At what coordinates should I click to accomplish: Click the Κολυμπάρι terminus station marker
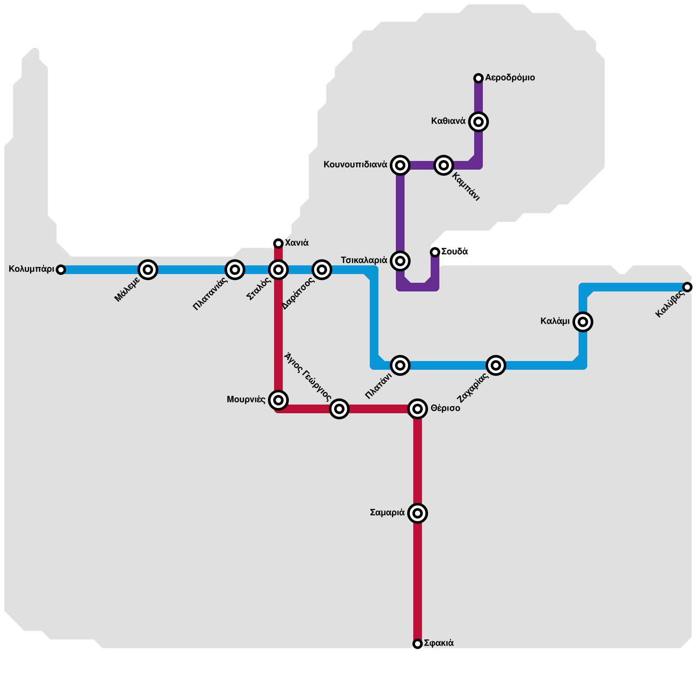pos(61,270)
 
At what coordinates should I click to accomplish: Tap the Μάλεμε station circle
pos(148,270)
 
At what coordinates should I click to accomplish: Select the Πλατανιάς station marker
pos(234,270)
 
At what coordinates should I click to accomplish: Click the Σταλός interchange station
pos(278,270)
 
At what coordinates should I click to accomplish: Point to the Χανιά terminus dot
pos(278,243)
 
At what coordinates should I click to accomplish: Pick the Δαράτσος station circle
pos(321,270)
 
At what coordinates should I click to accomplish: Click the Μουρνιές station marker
pos(278,400)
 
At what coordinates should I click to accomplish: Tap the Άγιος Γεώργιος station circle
pos(339,409)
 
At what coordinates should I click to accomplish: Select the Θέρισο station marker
pos(418,409)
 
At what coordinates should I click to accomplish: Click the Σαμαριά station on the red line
pos(418,513)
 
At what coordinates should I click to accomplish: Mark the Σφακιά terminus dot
pos(418,644)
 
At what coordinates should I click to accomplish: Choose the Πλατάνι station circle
pos(400,365)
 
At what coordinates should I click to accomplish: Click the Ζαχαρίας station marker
pos(496,365)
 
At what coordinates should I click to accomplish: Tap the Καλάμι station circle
pos(583,322)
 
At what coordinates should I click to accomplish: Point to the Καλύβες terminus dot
pos(687,287)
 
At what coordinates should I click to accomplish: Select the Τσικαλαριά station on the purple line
pos(400,261)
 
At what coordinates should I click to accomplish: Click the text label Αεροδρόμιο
pos(510,78)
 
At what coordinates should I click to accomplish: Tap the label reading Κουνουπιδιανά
pos(355,165)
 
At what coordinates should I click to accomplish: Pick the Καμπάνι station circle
pos(443,165)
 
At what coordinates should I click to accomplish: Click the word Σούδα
pos(455,252)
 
